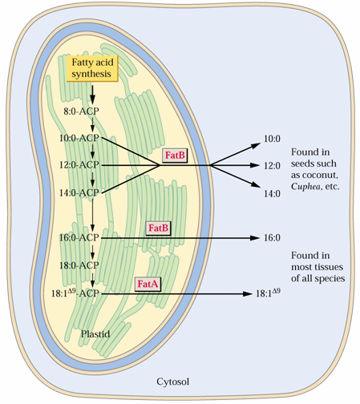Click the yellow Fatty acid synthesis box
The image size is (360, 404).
pyautogui.click(x=92, y=68)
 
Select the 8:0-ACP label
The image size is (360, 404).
pyautogui.click(x=81, y=111)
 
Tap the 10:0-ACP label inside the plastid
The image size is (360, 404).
pyautogui.click(x=79, y=138)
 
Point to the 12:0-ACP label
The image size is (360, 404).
pyautogui.click(x=79, y=165)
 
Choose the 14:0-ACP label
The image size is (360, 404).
pyautogui.click(x=79, y=192)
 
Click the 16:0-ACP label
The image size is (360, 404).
pyautogui.click(x=79, y=237)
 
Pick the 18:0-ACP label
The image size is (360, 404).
pyautogui.click(x=79, y=265)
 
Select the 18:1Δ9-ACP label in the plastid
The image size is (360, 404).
pyautogui.click(x=75, y=293)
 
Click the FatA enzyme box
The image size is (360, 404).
pyautogui.click(x=148, y=284)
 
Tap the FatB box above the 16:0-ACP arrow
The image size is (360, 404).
pyautogui.click(x=158, y=228)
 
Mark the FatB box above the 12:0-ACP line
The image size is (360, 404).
pyautogui.click(x=175, y=156)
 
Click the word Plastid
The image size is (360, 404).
pyautogui.click(x=95, y=334)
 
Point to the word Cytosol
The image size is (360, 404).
pyautogui.click(x=173, y=382)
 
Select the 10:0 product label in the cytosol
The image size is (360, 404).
pyautogui.click(x=272, y=139)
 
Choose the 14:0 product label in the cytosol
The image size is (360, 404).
pyautogui.click(x=272, y=194)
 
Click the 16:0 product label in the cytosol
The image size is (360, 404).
pyautogui.click(x=272, y=238)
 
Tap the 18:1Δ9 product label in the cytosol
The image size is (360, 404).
pyautogui.click(x=268, y=293)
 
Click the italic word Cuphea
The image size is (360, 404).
pyautogui.click(x=305, y=187)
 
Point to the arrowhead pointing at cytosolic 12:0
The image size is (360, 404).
pyautogui.click(x=255, y=165)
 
